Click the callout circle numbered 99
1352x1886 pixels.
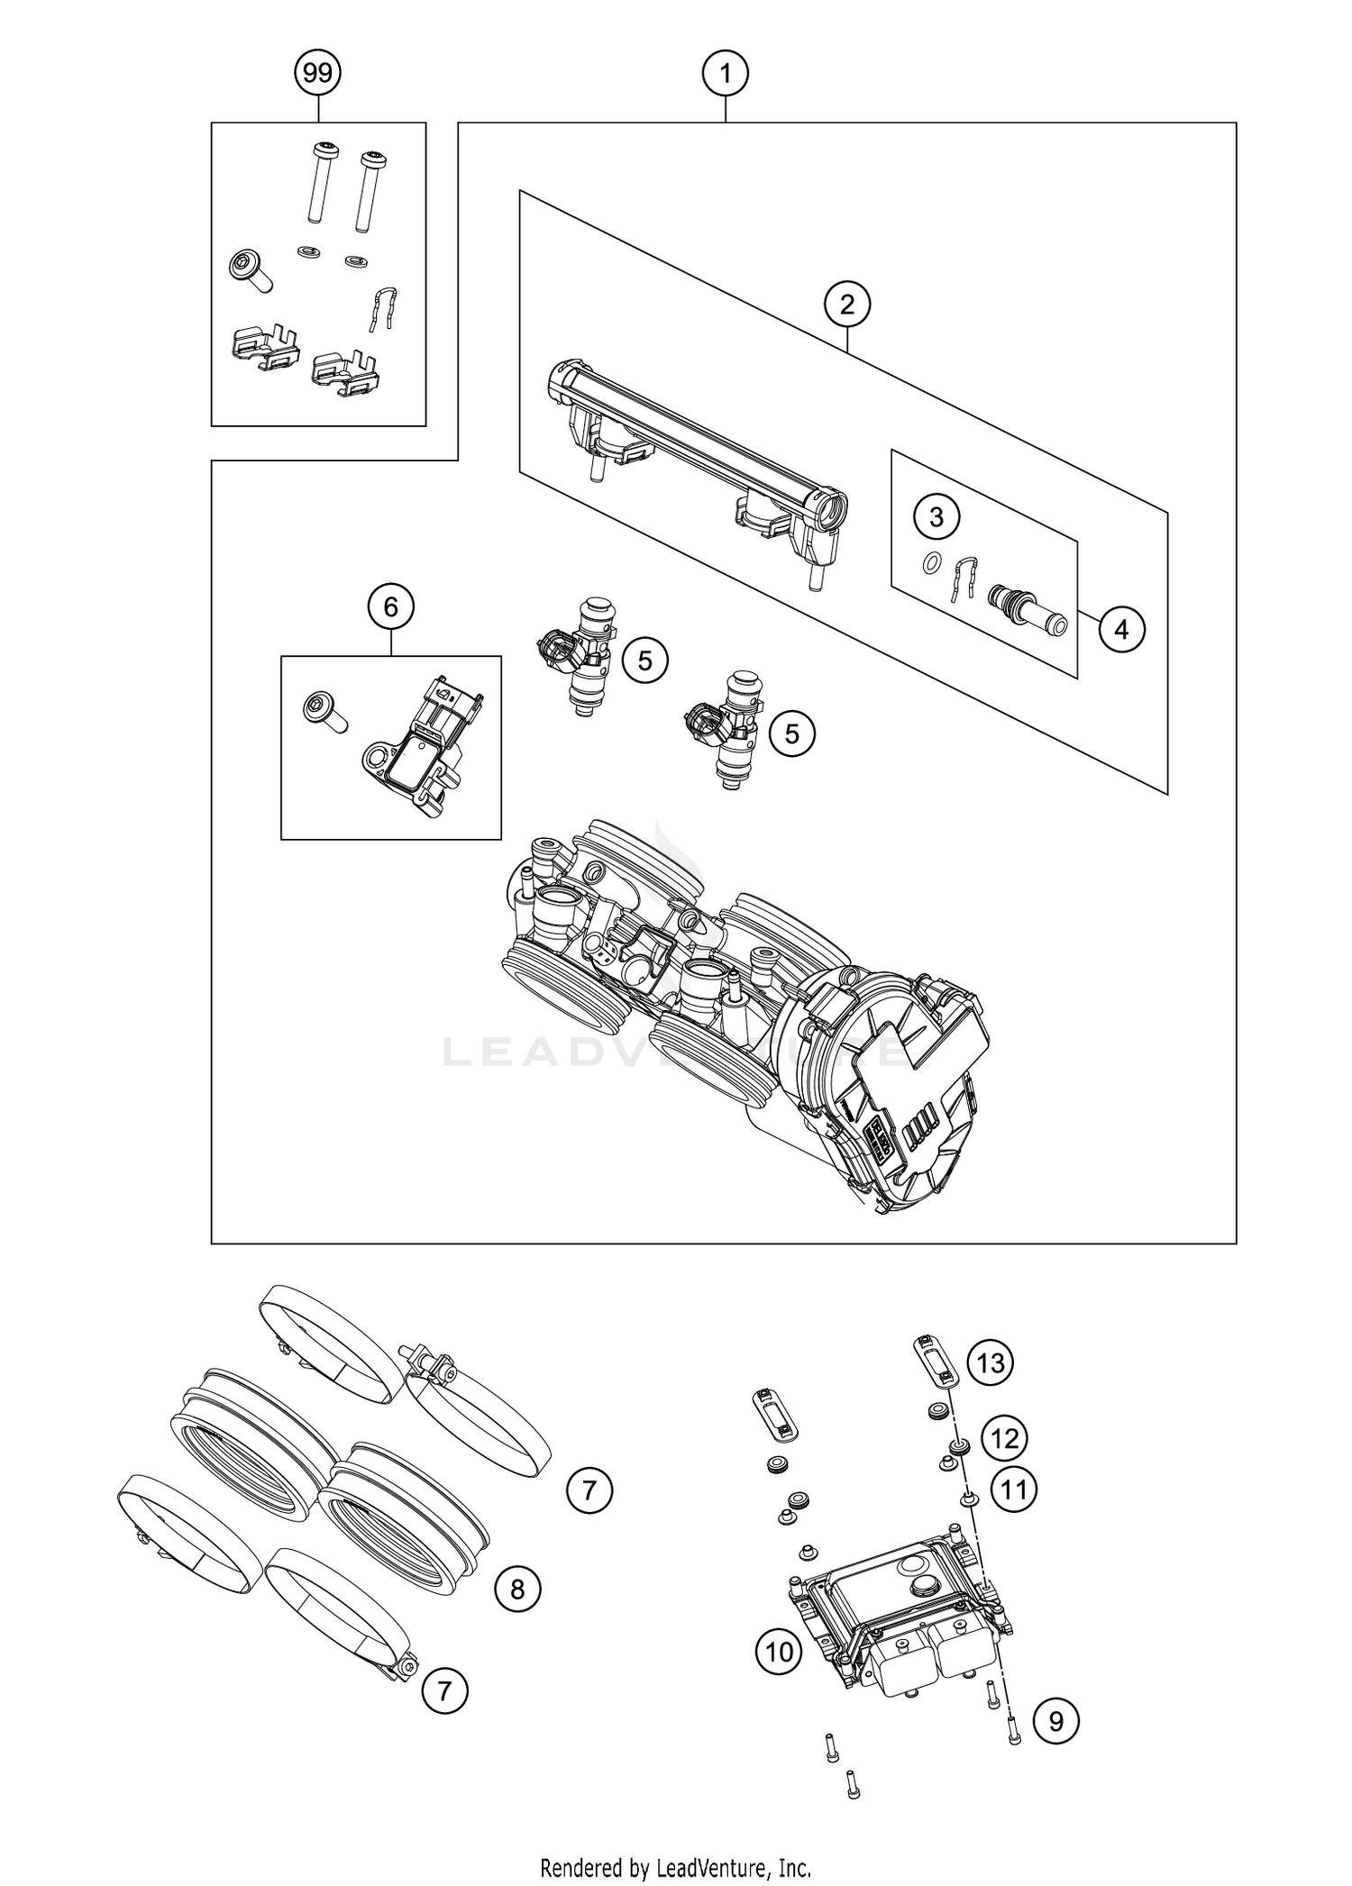coord(317,73)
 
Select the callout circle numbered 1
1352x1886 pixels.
coord(726,73)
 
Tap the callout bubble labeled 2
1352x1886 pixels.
coord(846,305)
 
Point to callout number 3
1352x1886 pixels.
coord(936,517)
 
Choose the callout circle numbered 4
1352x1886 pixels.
coord(1121,630)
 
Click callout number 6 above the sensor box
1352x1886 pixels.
coord(391,607)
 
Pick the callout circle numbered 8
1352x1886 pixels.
coord(517,1589)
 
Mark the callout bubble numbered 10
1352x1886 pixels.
coord(779,1652)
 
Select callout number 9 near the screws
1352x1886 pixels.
coord(1055,1722)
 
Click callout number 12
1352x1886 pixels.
coord(1005,1439)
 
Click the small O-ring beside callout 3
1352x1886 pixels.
coord(931,565)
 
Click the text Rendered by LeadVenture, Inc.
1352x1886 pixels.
coord(676,1867)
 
